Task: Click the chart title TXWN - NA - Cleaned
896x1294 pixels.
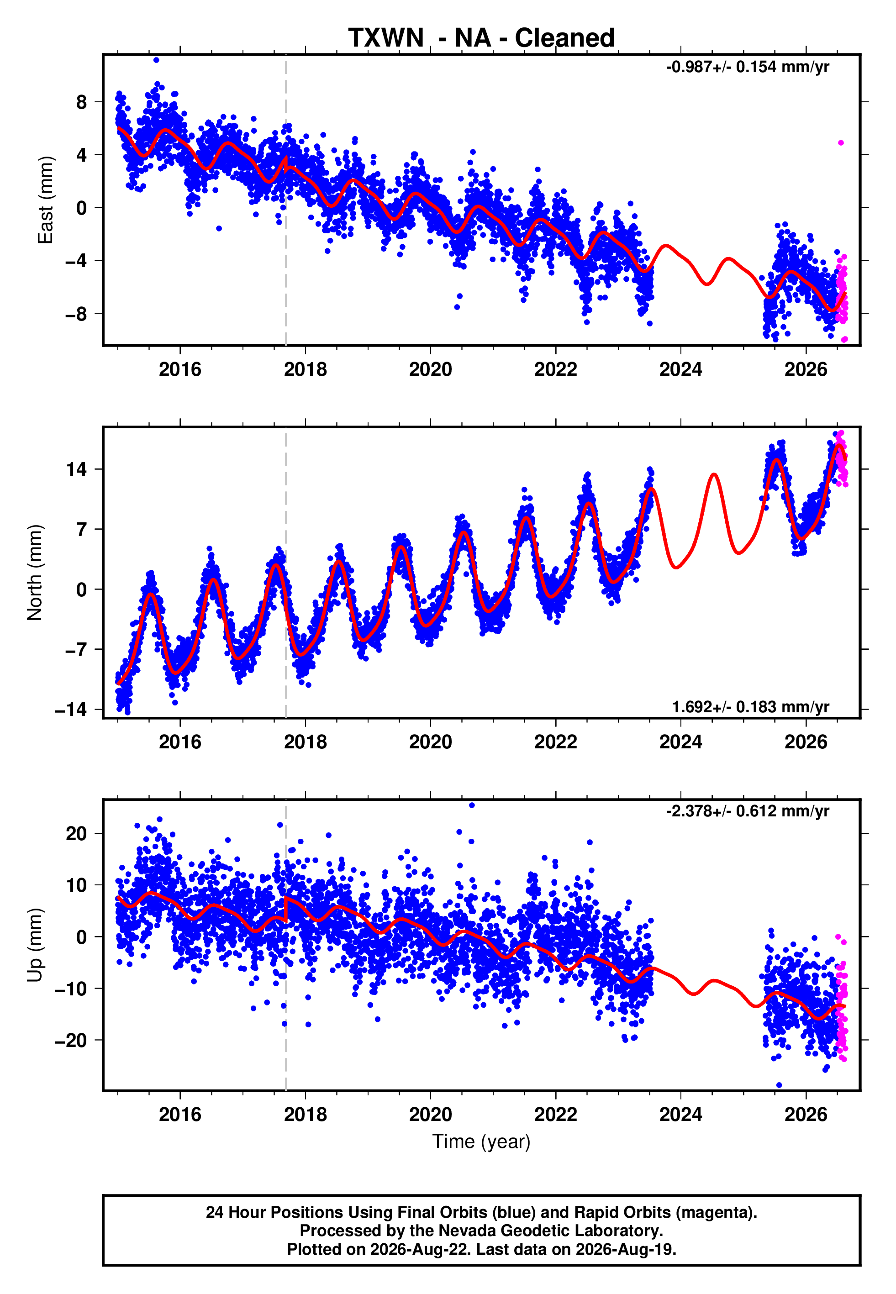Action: tap(481, 38)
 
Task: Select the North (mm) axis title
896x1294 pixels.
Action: tap(35, 573)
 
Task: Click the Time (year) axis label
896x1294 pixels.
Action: tap(481, 1141)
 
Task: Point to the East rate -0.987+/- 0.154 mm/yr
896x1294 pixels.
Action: tap(747, 67)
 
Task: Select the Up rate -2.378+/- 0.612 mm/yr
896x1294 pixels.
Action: tap(747, 811)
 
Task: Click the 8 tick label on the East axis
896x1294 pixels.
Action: tap(82, 102)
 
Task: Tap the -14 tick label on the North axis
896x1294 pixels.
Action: tap(71, 710)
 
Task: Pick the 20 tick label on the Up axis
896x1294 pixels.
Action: tap(76, 833)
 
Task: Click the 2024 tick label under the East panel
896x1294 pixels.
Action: tap(680, 369)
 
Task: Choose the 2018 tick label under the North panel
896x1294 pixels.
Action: tap(305, 742)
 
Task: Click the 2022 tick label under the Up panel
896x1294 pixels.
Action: tap(555, 1115)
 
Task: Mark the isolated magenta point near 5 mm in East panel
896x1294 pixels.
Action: tap(840, 143)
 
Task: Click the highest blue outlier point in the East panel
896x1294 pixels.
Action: tap(156, 60)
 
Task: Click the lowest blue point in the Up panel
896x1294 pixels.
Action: tap(779, 1085)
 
